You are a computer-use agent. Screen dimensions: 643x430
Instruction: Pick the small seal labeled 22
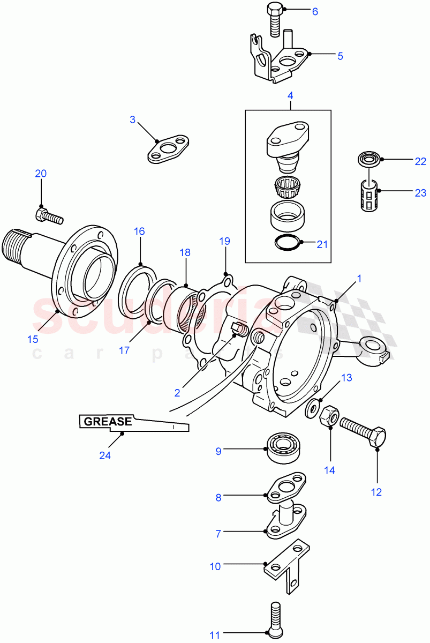(x=368, y=160)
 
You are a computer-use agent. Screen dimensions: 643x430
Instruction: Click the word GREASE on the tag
(x=106, y=422)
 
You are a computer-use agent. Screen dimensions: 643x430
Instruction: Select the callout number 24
(x=104, y=455)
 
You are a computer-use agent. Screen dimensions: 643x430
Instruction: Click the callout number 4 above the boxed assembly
(x=290, y=96)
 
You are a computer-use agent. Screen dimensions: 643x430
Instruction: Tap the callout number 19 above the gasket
(x=224, y=241)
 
